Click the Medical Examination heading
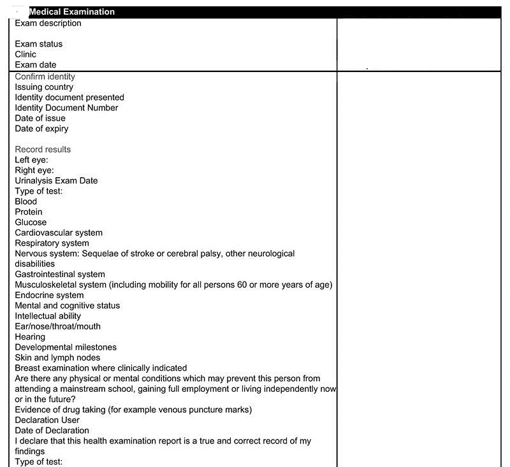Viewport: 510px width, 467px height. tap(72, 12)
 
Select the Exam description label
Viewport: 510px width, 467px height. tap(48, 24)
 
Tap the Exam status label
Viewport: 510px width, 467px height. tap(39, 44)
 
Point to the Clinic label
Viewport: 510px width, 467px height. tap(25, 54)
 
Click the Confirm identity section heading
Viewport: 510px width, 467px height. tap(45, 76)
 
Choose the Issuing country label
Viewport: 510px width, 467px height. tap(44, 87)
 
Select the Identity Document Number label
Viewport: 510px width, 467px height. tap(66, 108)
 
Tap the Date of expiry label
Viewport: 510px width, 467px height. tap(41, 129)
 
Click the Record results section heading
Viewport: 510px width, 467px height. tap(43, 149)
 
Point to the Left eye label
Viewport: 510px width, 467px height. tap(31, 160)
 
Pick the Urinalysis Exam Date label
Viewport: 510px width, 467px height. tap(56, 180)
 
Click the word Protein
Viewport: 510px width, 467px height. tap(29, 212)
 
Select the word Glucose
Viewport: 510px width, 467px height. tap(31, 222)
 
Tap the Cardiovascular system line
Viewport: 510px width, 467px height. tap(59, 233)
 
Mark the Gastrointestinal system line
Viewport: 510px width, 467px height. tap(60, 275)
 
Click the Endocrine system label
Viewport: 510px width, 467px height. tap(49, 295)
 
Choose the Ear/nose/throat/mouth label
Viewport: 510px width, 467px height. tap(57, 326)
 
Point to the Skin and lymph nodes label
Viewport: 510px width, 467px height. tap(57, 357)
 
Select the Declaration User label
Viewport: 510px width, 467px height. tap(47, 420)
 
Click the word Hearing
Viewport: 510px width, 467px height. tap(30, 336)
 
